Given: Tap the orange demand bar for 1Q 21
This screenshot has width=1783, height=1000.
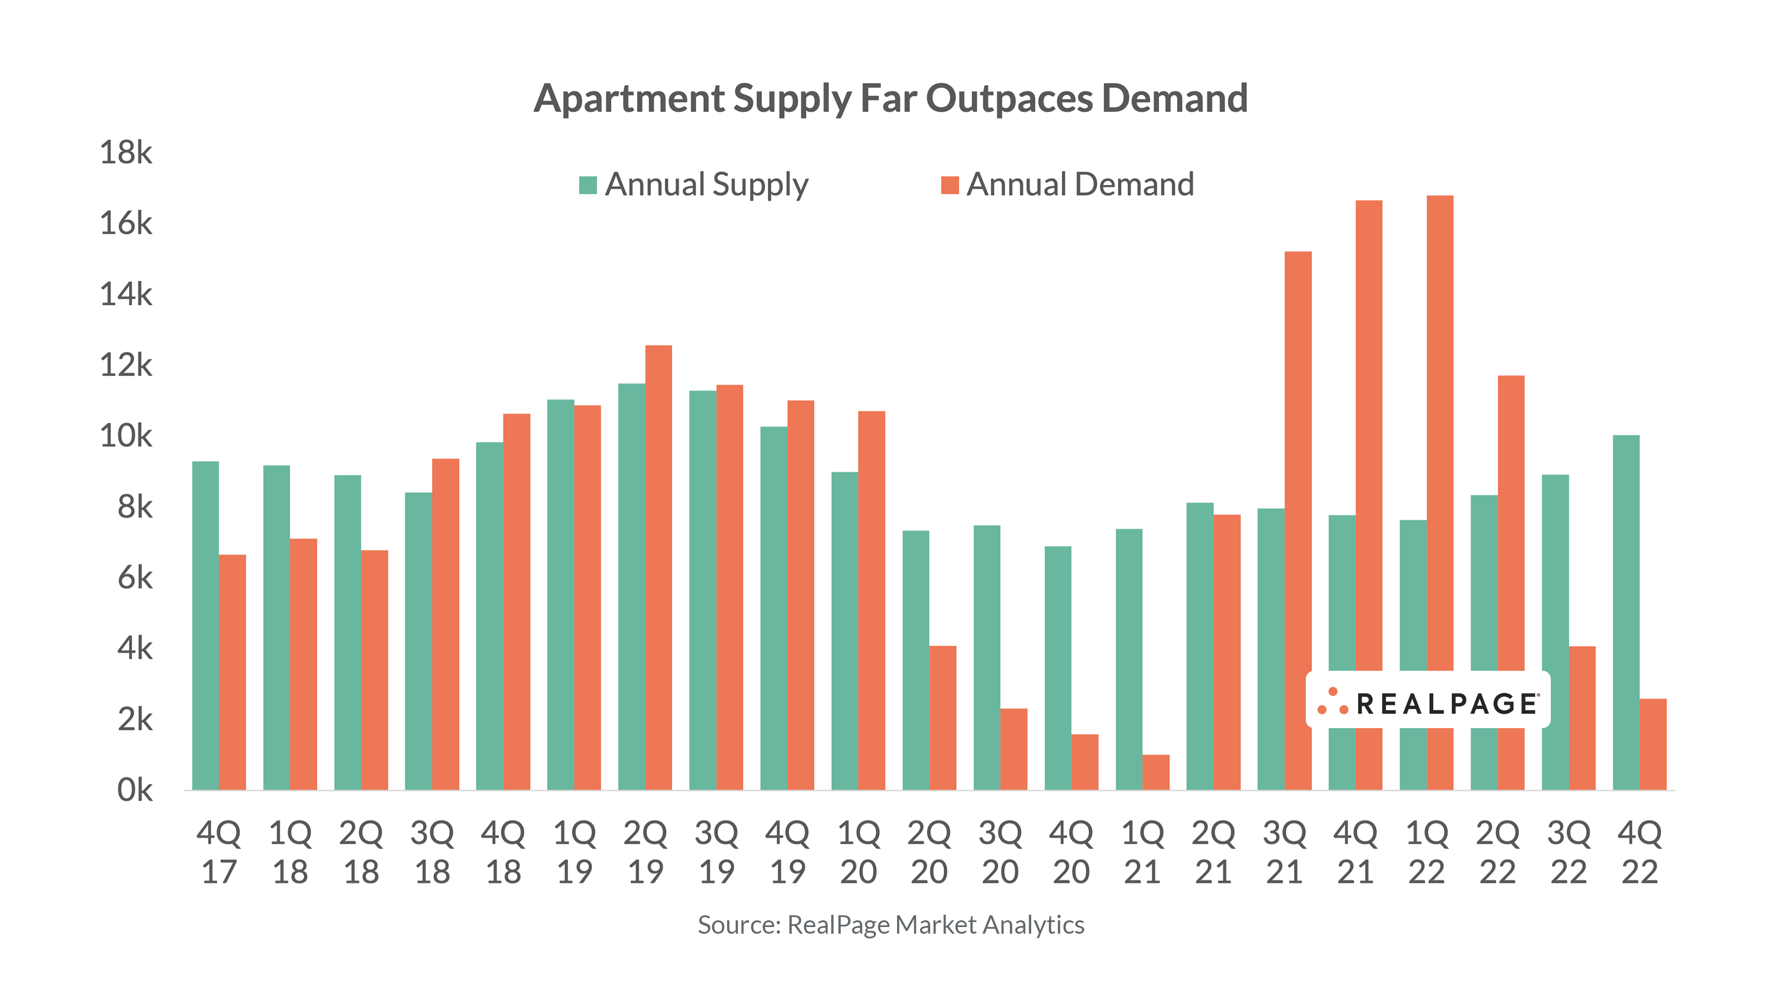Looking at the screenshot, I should [x=1156, y=772].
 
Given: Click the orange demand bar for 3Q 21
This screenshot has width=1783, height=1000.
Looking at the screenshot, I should [x=1298, y=519].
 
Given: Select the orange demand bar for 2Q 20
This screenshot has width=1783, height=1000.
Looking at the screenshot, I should [x=943, y=718].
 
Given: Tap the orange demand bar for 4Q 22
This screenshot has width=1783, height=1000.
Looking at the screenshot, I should [x=1653, y=744].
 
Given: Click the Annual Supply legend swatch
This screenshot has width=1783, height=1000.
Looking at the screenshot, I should [x=587, y=185].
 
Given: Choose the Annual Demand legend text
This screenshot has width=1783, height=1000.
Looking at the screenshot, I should [x=1080, y=185].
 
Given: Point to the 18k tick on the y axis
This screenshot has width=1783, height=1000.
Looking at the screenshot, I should [x=126, y=152].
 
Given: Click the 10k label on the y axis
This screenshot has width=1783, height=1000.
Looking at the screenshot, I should [x=126, y=436].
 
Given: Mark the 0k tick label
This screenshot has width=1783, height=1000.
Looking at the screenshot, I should [x=134, y=790].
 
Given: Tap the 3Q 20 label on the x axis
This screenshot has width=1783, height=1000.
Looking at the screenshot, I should [x=1000, y=852].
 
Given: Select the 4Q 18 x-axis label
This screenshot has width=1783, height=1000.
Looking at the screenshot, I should [x=503, y=852].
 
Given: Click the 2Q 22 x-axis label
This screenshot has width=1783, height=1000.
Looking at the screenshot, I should [x=1498, y=852].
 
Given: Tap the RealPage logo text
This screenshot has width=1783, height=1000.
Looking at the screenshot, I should [x=1447, y=704].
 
